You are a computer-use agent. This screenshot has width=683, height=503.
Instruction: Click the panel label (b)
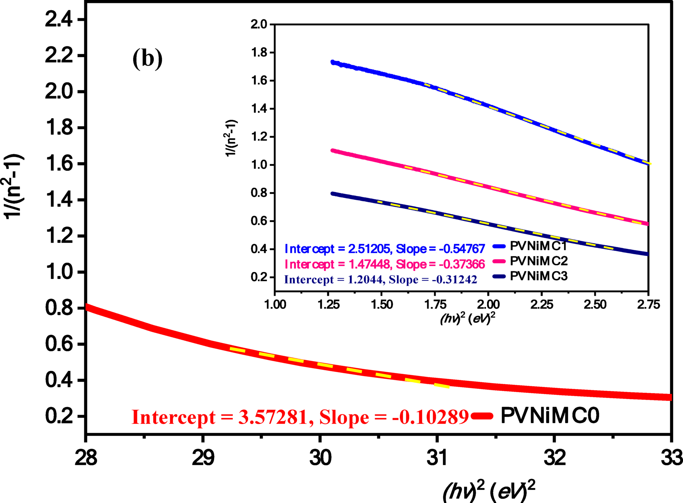click(x=147, y=59)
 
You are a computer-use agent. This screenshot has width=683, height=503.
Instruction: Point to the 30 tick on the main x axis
click(x=320, y=458)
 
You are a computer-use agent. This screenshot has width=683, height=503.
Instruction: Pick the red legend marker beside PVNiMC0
click(x=482, y=416)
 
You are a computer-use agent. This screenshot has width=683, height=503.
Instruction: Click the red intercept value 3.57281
click(x=273, y=417)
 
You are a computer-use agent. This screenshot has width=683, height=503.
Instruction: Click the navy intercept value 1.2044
click(x=365, y=279)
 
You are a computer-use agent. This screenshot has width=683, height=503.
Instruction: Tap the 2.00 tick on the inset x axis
click(x=488, y=305)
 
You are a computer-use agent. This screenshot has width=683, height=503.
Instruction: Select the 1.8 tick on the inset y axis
click(x=259, y=53)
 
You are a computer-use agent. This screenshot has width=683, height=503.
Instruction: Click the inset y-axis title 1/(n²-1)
click(x=231, y=138)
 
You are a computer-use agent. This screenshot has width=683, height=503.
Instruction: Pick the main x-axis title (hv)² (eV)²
click(x=489, y=492)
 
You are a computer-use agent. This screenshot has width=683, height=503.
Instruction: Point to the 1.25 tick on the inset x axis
click(x=329, y=305)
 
